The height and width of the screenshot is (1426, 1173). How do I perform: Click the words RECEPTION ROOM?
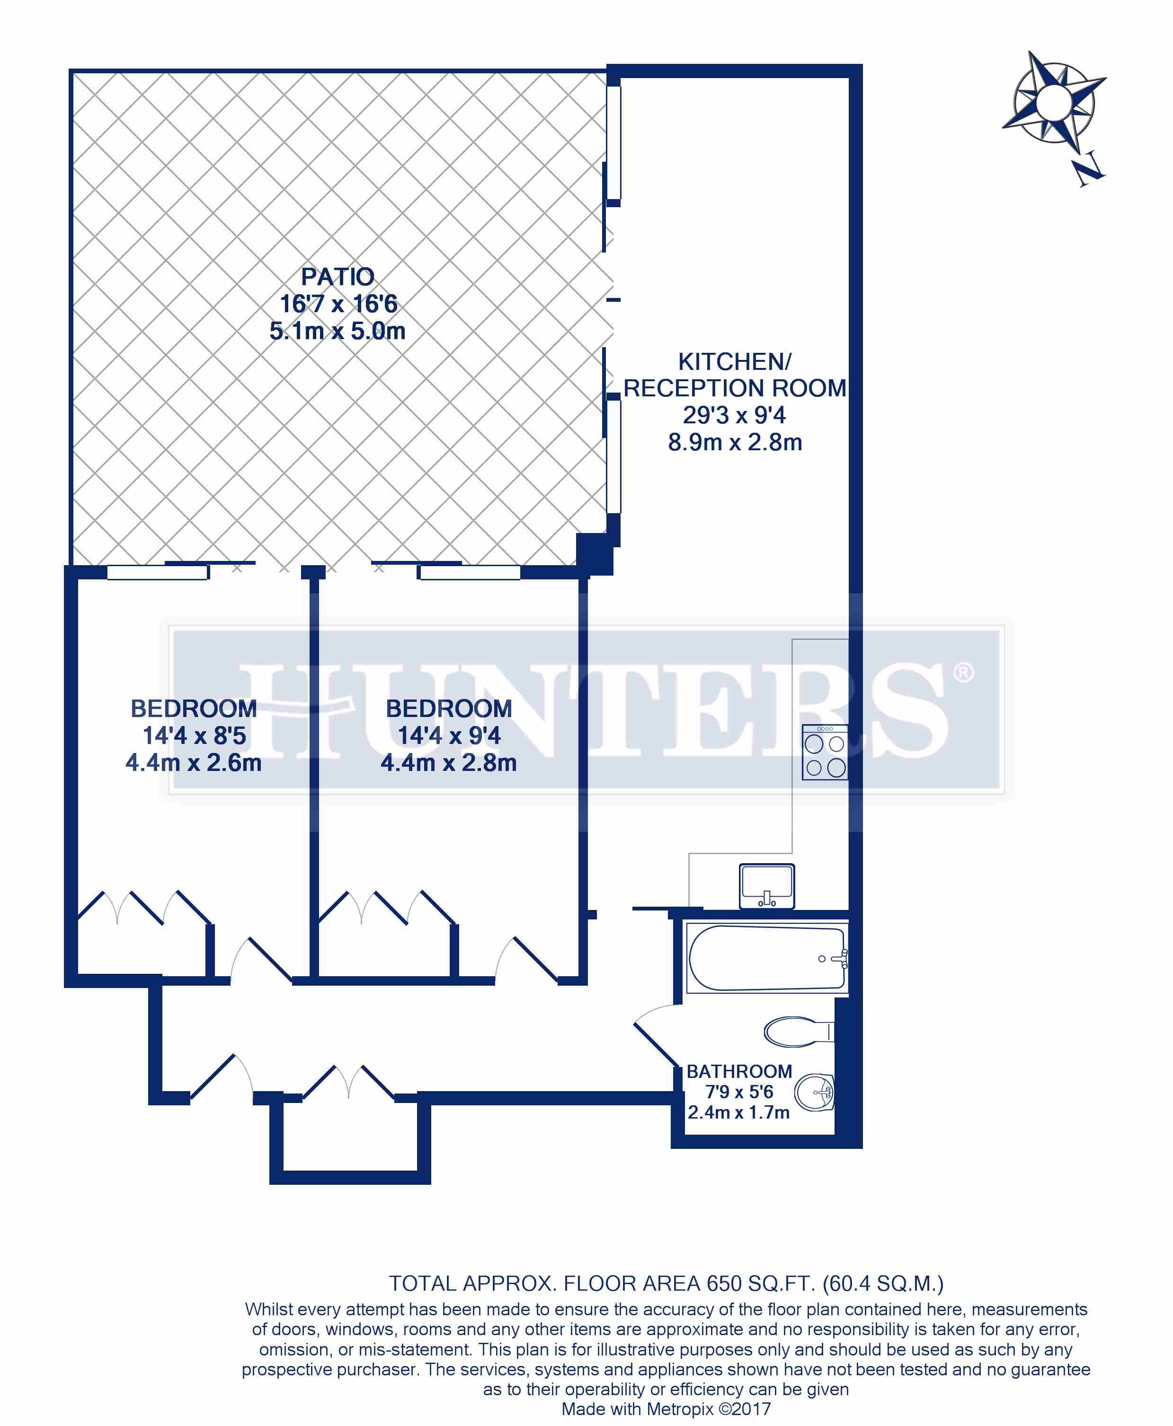pyautogui.click(x=735, y=388)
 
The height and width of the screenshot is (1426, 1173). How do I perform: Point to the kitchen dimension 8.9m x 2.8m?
pyautogui.click(x=735, y=443)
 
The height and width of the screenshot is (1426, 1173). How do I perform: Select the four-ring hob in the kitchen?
pyautogui.click(x=824, y=753)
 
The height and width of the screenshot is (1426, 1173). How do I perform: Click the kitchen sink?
pyautogui.click(x=767, y=886)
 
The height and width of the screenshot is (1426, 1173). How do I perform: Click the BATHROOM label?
pyautogui.click(x=739, y=1072)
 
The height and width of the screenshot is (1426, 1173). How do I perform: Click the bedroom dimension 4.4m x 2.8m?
pyautogui.click(x=449, y=763)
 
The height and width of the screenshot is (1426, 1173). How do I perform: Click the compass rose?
pyautogui.click(x=1053, y=101)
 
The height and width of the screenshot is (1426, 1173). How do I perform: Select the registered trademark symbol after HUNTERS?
pyautogui.click(x=964, y=673)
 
